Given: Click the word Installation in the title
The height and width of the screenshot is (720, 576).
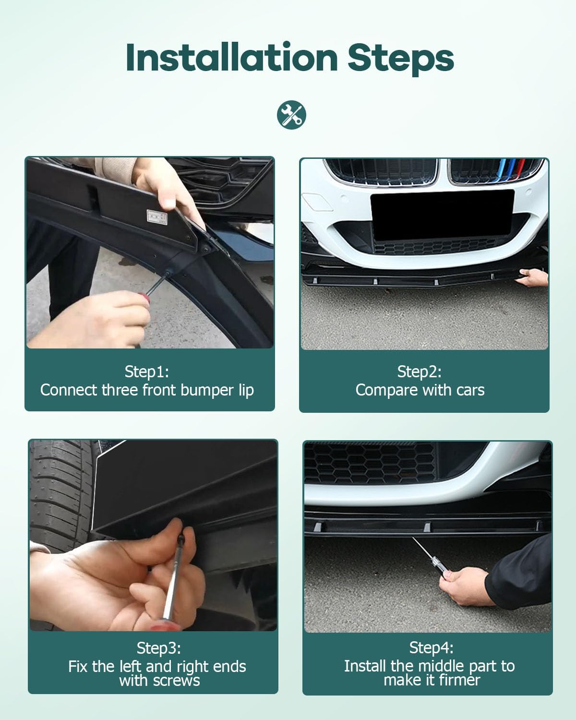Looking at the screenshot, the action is click(232, 58).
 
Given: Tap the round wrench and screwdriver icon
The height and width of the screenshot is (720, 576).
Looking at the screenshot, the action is click(291, 115).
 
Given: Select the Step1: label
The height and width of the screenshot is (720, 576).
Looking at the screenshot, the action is click(146, 372).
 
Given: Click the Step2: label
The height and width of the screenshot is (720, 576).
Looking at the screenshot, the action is click(420, 372).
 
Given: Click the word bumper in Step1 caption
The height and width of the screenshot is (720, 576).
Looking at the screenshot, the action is click(207, 390).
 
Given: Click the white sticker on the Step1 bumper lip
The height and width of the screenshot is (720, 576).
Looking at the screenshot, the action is click(156, 216).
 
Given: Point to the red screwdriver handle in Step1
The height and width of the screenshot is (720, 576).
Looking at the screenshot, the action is click(144, 298).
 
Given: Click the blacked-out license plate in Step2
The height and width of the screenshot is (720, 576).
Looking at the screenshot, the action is click(442, 216).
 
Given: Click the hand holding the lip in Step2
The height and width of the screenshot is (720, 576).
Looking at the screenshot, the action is click(533, 277).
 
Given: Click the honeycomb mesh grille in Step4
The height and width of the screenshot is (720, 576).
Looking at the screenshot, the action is click(370, 463).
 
